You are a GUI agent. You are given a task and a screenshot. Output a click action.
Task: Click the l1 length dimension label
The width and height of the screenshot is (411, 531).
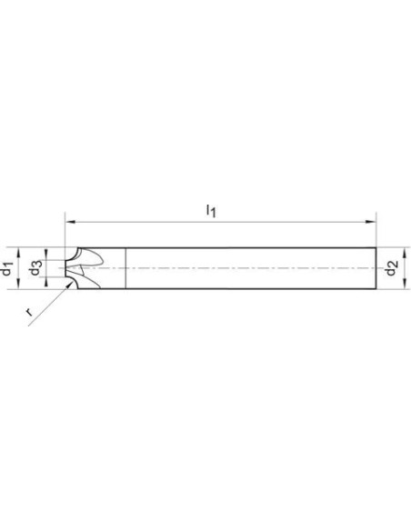coord(211,211)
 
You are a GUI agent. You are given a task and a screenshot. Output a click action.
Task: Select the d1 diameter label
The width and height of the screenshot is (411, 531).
coord(7,268)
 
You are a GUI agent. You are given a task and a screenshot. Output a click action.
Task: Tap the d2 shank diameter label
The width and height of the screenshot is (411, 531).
coord(392,268)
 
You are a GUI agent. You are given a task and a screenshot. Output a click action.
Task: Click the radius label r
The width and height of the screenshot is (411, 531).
coord(29,312)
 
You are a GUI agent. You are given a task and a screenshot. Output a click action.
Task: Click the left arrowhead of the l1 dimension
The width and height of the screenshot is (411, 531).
coord(70,222)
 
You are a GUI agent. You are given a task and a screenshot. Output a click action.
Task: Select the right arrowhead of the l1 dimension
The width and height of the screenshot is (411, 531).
coord(371,222)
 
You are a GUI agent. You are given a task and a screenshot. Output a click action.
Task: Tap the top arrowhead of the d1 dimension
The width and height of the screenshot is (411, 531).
coord(19,253)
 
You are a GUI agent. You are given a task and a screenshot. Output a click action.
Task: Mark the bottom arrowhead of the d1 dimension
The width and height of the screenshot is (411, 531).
coord(19,284)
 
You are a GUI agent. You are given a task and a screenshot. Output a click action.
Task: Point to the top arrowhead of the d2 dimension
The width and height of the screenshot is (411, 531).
coord(404,253)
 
